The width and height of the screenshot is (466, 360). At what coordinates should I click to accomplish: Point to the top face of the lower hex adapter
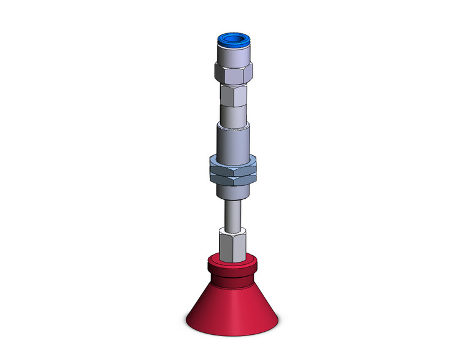click(x=233, y=230)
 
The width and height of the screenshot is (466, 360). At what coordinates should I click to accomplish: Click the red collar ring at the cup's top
click(x=233, y=265)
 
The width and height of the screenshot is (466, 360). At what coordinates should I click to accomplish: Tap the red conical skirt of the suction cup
click(x=233, y=301)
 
